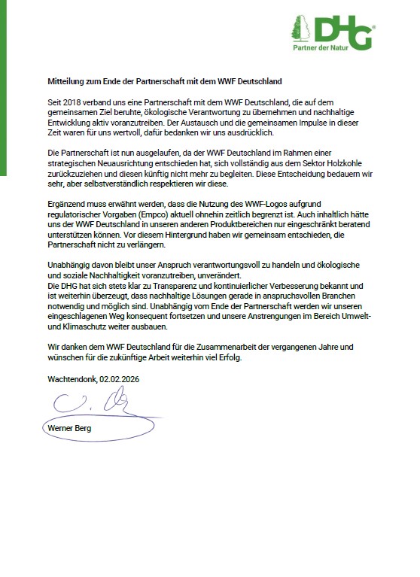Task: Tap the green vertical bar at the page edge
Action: pos(3,90)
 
